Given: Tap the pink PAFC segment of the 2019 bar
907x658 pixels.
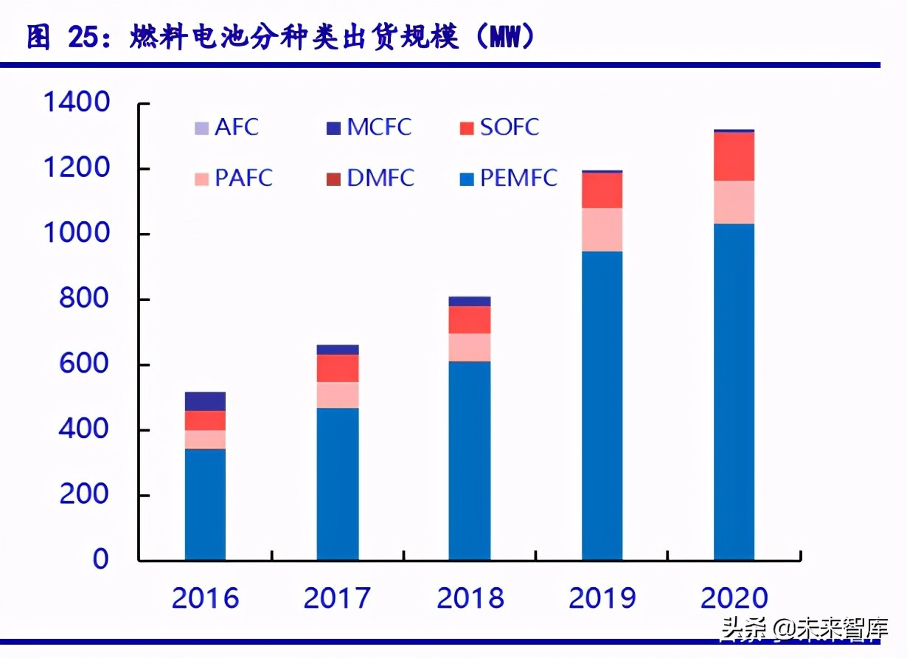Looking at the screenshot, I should (x=602, y=229).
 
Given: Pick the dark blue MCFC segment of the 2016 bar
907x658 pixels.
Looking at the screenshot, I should (x=205, y=401).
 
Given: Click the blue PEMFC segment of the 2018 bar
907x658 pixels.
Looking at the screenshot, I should (x=470, y=460).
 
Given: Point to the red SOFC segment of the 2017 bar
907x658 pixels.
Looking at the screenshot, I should (x=338, y=368).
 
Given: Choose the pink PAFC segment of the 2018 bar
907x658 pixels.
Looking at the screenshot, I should (x=470, y=347).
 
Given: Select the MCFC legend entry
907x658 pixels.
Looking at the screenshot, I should (x=369, y=127).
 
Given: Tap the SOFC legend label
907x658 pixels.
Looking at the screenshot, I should (x=509, y=127).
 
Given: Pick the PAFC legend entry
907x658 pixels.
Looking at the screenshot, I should (x=233, y=178).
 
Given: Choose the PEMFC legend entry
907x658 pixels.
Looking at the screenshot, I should (x=508, y=178).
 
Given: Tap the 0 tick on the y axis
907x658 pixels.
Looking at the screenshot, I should (x=100, y=559).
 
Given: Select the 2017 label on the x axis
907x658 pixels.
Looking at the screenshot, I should (x=337, y=598).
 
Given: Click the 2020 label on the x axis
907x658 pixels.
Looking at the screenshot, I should (x=734, y=598).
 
